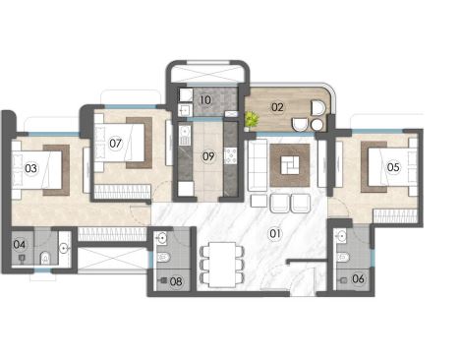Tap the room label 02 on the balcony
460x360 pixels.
tap(277, 106)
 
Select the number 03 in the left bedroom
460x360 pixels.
tap(30, 168)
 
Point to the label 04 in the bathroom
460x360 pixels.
tap(20, 244)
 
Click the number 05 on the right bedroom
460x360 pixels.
tap(393, 167)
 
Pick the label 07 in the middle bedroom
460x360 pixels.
tap(115, 143)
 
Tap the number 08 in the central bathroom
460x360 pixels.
tap(176, 282)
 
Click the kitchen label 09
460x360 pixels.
tap(208, 155)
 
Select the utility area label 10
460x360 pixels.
tap(206, 100)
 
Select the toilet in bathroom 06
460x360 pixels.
tap(343, 257)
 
